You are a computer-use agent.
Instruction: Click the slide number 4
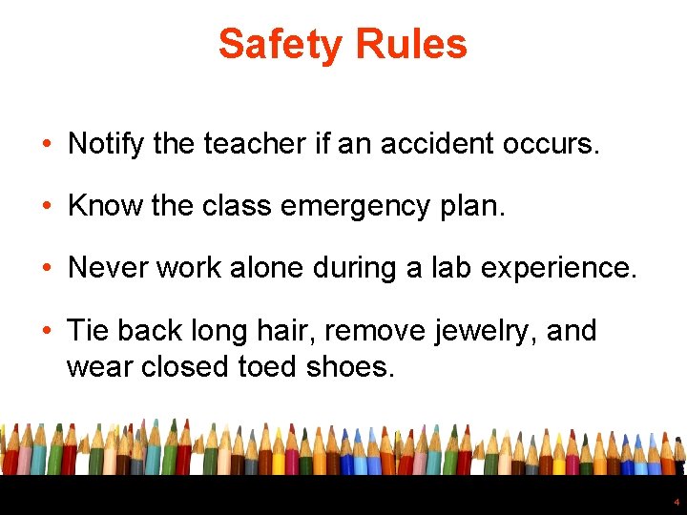pyautogui.click(x=677, y=502)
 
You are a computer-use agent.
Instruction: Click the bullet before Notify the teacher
pyautogui.click(x=46, y=145)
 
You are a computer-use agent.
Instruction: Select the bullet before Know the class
pyautogui.click(x=46, y=207)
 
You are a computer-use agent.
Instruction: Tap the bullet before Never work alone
pyautogui.click(x=46, y=269)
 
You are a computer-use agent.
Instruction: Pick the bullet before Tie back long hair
pyautogui.click(x=46, y=332)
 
